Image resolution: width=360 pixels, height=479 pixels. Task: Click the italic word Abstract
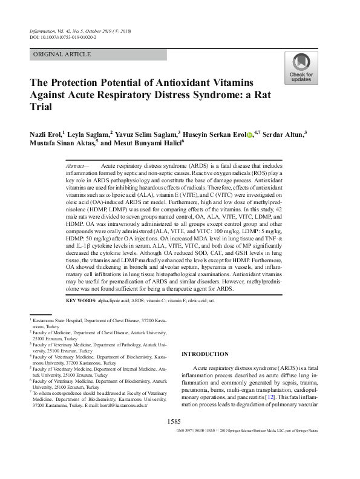76,165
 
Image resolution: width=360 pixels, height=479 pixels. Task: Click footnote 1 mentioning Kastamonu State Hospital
103,322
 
